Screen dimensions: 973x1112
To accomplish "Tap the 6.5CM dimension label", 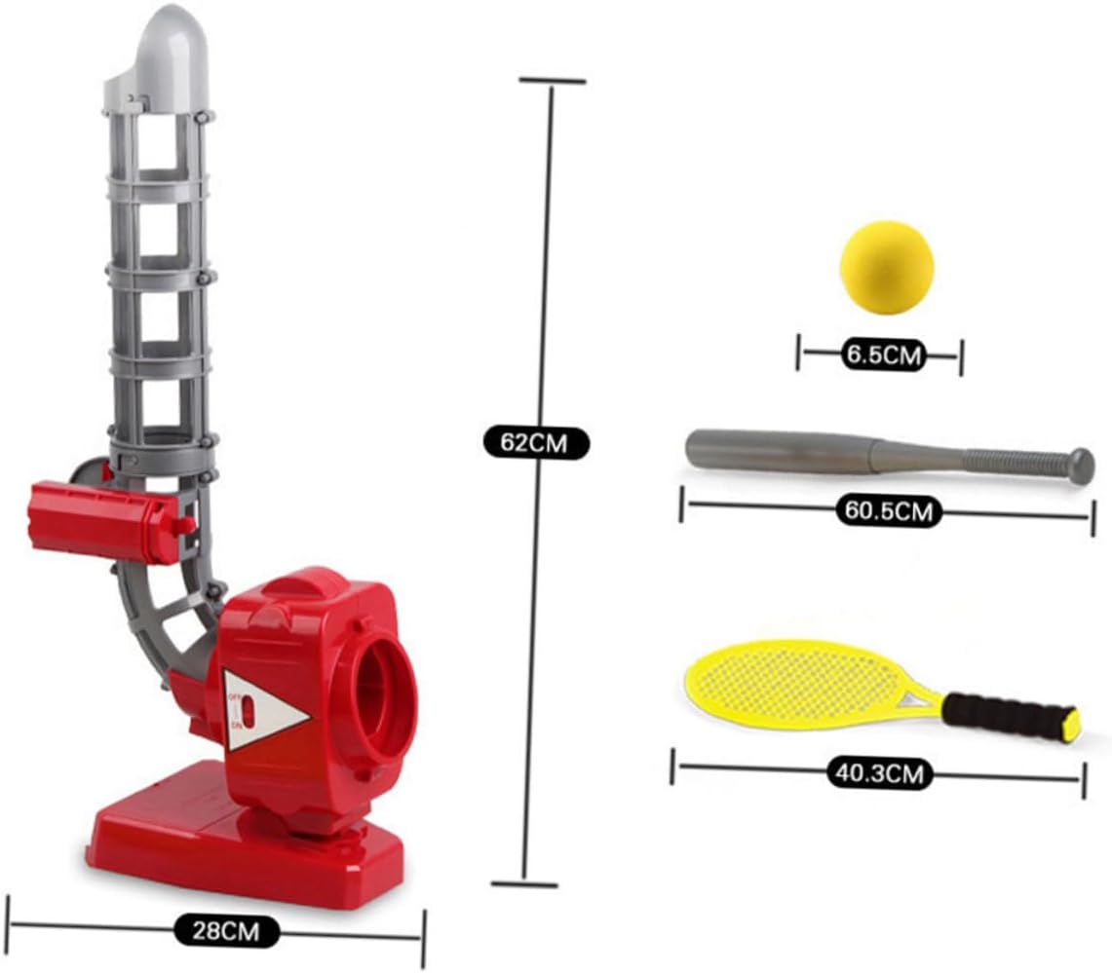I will [x=881, y=356].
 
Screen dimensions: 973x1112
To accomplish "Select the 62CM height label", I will [x=537, y=443].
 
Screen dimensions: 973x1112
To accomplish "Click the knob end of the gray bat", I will [x=1079, y=464].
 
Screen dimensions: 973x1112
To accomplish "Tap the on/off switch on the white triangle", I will [x=247, y=712].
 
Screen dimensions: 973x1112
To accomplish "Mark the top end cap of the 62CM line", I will [x=553, y=81].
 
